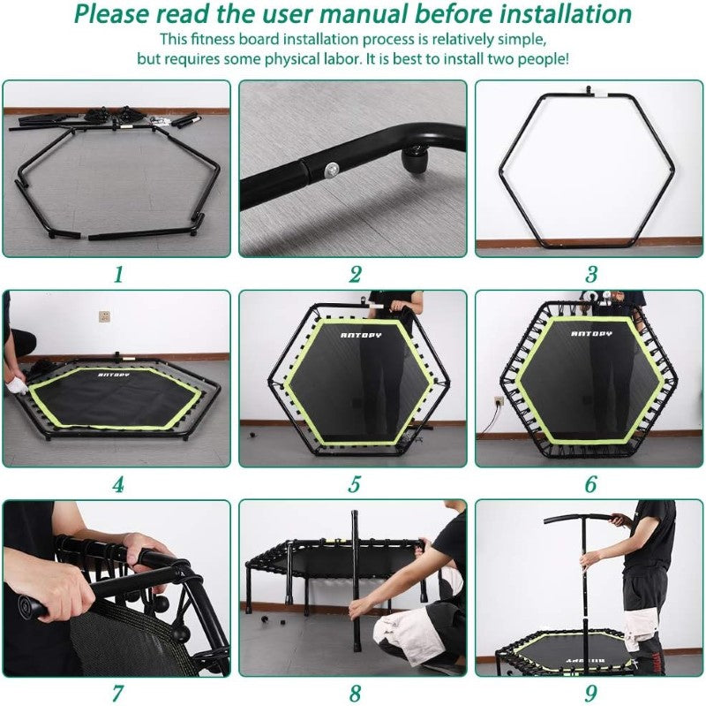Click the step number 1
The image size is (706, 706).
click(117, 275)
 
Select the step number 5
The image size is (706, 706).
click(355, 484)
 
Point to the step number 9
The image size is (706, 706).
click(590, 694)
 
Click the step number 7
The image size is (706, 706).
click(117, 694)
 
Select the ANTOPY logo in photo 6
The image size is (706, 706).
click(590, 334)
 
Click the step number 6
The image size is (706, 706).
click(590, 484)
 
